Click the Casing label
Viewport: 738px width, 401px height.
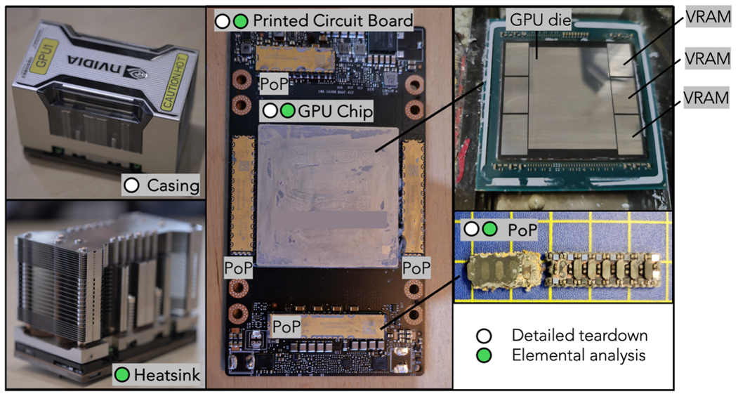coord(173,186)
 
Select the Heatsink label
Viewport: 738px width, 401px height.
coord(171,376)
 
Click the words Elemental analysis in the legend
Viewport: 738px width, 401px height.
coord(578,355)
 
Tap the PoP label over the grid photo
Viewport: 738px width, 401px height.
coord(518,229)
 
